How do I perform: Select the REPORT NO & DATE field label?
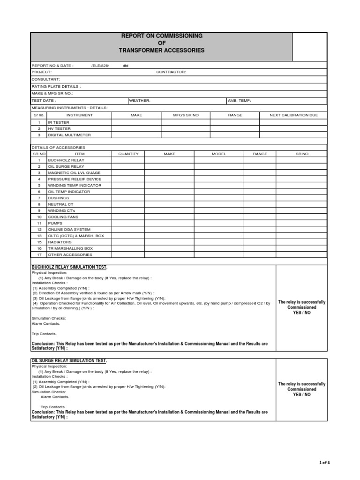(x=52, y=66)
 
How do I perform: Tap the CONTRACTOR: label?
(x=171, y=72)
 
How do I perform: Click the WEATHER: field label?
(x=140, y=101)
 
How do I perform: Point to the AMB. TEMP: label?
(x=239, y=101)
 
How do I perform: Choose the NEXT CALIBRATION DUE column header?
(x=293, y=115)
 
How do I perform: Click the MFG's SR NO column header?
(x=186, y=115)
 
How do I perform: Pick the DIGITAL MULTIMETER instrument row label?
(x=69, y=135)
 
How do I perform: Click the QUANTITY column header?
(x=128, y=154)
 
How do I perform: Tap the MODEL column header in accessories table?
(x=219, y=154)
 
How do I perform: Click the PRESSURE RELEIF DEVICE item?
(x=75, y=179)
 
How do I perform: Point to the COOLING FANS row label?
(x=63, y=217)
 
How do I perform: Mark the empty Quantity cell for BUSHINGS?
(x=128, y=198)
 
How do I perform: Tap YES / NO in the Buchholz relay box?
(x=301, y=313)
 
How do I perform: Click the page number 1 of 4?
(x=324, y=463)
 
